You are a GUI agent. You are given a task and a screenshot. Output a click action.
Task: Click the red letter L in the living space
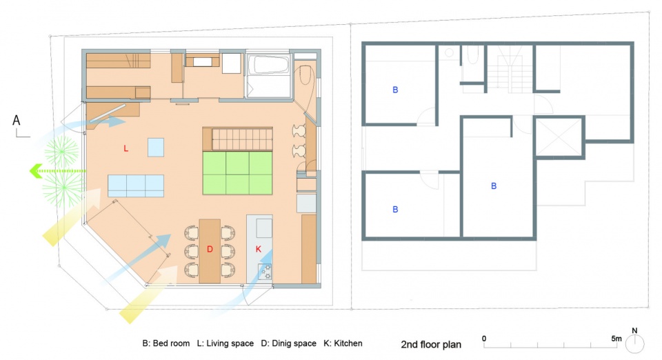pyautogui.click(x=126, y=148)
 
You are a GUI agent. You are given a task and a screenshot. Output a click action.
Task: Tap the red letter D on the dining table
pyautogui.click(x=210, y=250)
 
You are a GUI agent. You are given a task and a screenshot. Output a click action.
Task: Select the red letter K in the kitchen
pyautogui.click(x=259, y=250)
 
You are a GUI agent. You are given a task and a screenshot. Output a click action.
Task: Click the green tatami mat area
pyautogui.click(x=237, y=173)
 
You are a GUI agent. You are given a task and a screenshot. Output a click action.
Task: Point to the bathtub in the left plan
pyautogui.click(x=268, y=65)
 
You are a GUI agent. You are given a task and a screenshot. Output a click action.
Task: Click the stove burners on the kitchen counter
pyautogui.click(x=265, y=272)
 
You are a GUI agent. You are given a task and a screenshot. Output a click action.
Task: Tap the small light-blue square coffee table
pyautogui.click(x=156, y=148)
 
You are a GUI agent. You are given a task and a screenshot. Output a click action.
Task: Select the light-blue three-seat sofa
pyautogui.click(x=136, y=186)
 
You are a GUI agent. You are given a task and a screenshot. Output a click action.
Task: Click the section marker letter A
pyautogui.click(x=17, y=120)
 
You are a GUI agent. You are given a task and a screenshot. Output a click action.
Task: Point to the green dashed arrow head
pyautogui.click(x=35, y=171)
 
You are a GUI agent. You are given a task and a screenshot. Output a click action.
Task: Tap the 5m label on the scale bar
pyautogui.click(x=616, y=339)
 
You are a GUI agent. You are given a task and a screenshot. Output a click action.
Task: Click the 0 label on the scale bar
pyautogui.click(x=484, y=339)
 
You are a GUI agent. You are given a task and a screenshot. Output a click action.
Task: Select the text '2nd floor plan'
pyautogui.click(x=431, y=344)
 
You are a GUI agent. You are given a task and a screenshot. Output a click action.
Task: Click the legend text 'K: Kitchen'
pyautogui.click(x=343, y=343)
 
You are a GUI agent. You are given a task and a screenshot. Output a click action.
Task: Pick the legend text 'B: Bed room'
pyautogui.click(x=166, y=343)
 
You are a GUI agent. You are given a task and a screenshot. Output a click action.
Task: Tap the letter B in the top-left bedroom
pyautogui.click(x=395, y=90)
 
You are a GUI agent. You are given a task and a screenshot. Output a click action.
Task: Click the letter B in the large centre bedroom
pyautogui.click(x=494, y=186)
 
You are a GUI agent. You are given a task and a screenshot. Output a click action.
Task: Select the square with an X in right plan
pyautogui.click(x=559, y=137)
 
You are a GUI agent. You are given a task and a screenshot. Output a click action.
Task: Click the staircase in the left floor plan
pyautogui.click(x=242, y=139)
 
